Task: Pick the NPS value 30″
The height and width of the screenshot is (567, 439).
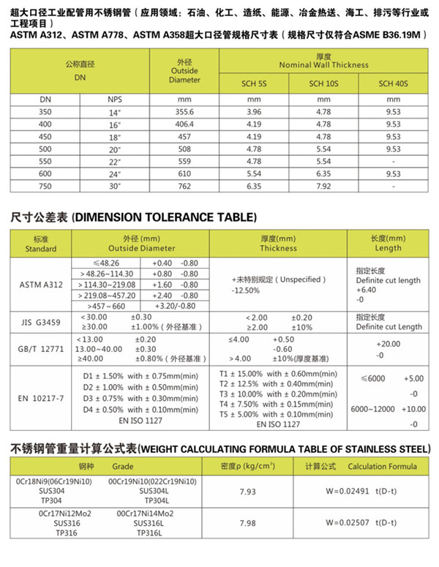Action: click(x=114, y=187)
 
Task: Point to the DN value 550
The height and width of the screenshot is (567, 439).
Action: click(x=45, y=161)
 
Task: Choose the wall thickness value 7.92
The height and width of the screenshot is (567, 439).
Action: click(x=323, y=187)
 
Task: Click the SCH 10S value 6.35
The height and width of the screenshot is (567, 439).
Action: click(x=323, y=174)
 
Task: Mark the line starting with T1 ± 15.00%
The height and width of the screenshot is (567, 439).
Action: click(x=278, y=374)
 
